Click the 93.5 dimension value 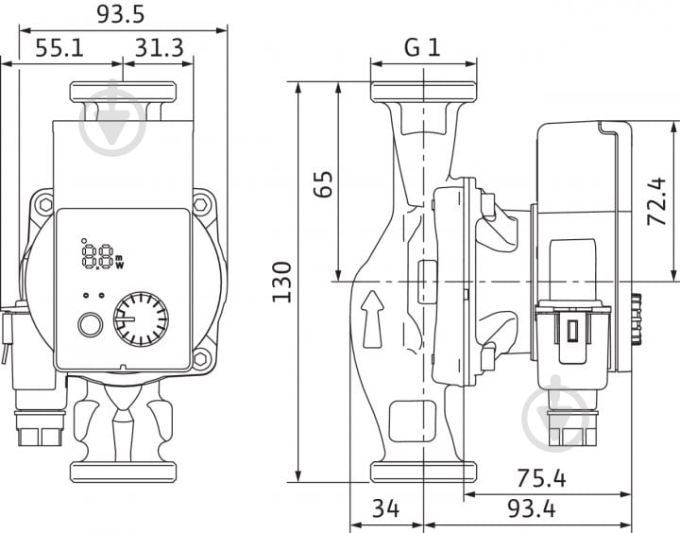click(120, 13)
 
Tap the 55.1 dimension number click(59, 47)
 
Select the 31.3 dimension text click(160, 47)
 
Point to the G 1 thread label click(422, 47)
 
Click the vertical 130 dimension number click(282, 282)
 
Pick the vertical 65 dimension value click(324, 184)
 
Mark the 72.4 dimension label click(656, 201)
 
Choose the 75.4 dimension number click(541, 478)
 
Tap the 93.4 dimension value click(532, 508)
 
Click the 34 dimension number click(385, 508)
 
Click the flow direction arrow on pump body click(372, 319)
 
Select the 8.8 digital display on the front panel click(97, 256)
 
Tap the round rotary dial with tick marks click(141, 319)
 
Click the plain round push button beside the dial click(91, 325)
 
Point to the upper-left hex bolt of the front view click(45, 204)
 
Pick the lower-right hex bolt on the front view click(201, 359)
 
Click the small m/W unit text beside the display click(119, 262)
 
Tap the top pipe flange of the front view click(123, 93)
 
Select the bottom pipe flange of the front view click(123, 473)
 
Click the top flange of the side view click(424, 92)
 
